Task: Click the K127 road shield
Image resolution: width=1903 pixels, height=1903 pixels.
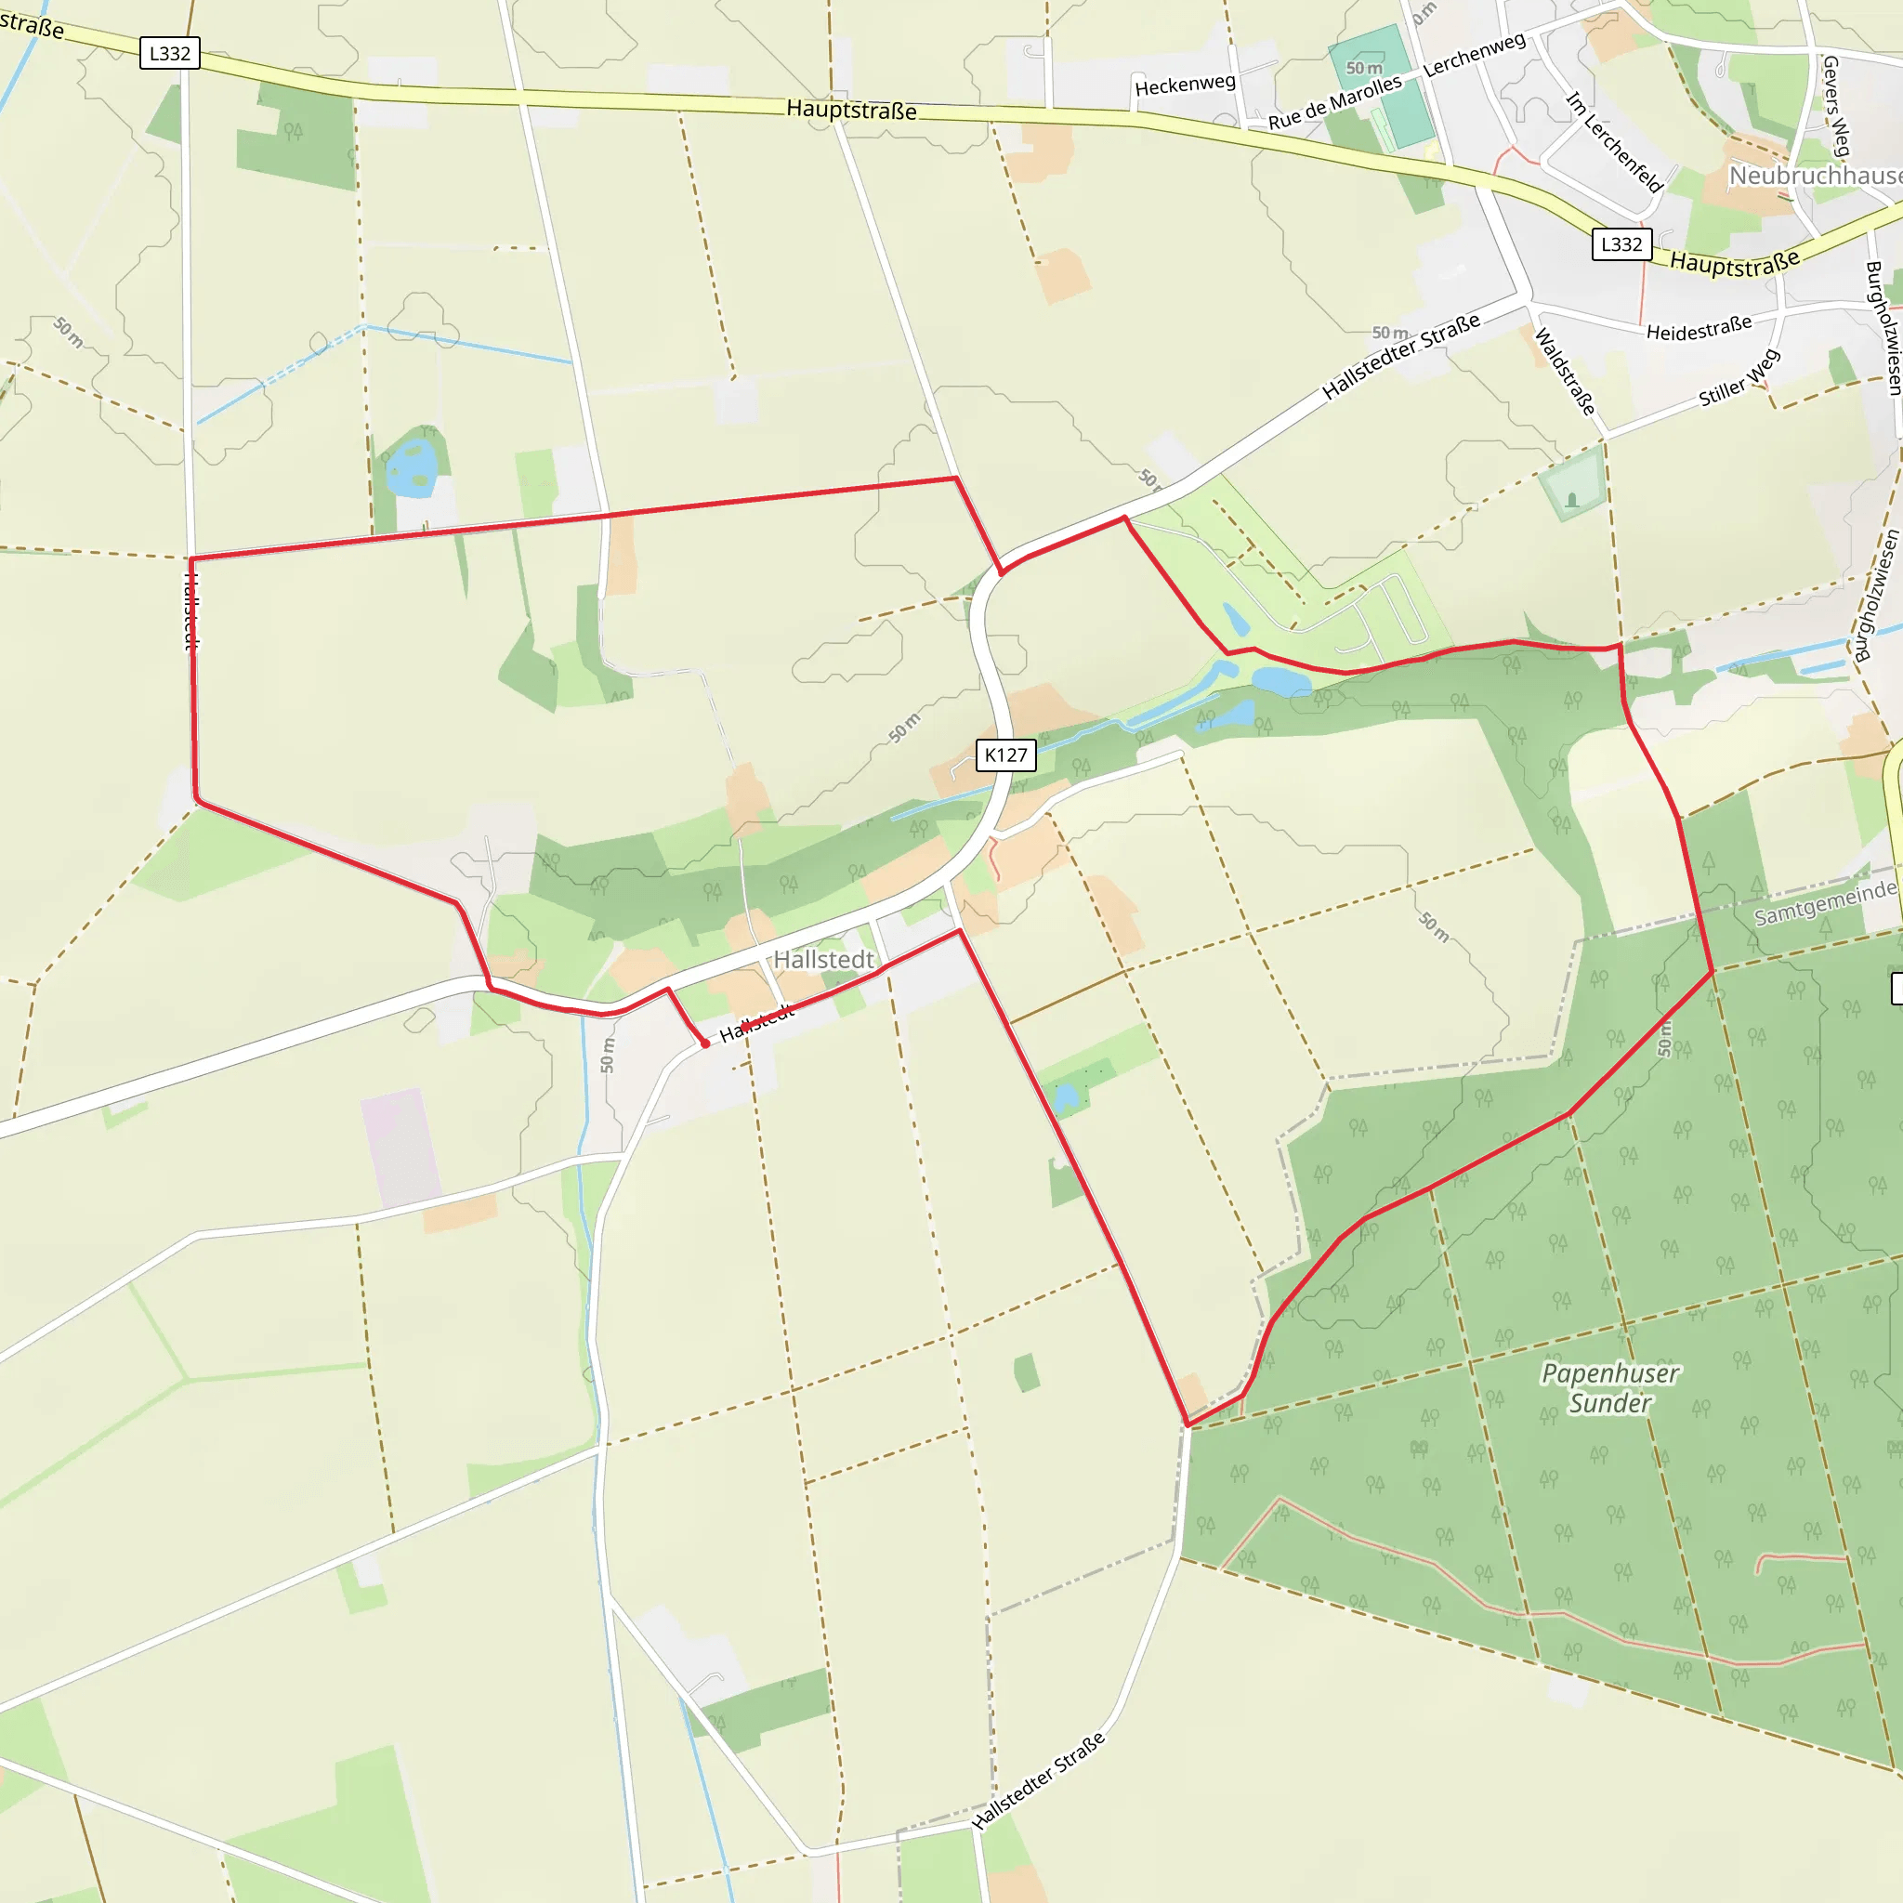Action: (1005, 755)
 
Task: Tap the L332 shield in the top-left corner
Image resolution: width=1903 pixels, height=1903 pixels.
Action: (169, 53)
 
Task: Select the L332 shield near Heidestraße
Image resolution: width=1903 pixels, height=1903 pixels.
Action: (1621, 244)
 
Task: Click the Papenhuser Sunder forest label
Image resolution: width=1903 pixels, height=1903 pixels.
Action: (1609, 1388)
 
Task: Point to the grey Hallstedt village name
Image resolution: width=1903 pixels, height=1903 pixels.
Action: (823, 959)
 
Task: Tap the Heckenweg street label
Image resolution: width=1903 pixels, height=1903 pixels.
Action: (1185, 85)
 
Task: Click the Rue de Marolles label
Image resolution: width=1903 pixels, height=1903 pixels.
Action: (1334, 102)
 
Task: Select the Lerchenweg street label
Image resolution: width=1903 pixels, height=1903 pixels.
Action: (1475, 55)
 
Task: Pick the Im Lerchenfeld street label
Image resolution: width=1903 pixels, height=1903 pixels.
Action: (1614, 142)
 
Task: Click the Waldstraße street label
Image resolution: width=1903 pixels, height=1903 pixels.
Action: (1564, 372)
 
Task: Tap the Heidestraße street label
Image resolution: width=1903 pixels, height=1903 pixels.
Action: (1700, 327)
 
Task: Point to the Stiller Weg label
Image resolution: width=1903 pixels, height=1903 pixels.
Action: (1740, 378)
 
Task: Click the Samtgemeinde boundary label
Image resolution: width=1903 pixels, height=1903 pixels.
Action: (1825, 903)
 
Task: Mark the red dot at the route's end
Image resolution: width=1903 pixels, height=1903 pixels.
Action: (705, 1043)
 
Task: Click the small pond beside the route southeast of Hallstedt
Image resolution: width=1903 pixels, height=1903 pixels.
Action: (1064, 1097)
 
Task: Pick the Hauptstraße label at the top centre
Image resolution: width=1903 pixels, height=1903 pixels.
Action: (851, 110)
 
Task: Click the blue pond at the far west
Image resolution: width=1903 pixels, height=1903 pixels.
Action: (411, 469)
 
